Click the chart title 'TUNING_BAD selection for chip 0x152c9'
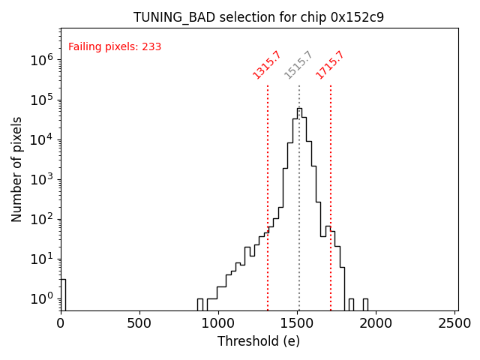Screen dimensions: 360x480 point(259,17)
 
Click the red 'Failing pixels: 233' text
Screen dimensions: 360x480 point(115,47)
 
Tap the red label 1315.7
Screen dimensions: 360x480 point(267,65)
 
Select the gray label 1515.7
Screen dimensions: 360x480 point(298,65)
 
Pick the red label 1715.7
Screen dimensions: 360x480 point(330,65)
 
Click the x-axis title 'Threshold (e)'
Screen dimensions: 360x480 point(259,341)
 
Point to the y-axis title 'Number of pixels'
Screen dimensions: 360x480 point(17,169)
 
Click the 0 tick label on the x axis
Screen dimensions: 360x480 point(61,323)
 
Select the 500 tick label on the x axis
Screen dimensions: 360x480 point(139,323)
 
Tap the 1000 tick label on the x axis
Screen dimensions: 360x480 point(218,323)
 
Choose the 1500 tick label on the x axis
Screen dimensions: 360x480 point(298,323)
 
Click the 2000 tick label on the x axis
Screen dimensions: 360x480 point(376,323)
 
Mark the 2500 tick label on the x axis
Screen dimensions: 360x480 point(455,323)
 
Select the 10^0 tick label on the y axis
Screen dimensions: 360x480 point(41,298)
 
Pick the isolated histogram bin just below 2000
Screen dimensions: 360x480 point(365,304)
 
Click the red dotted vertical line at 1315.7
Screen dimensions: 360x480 point(268,195)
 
